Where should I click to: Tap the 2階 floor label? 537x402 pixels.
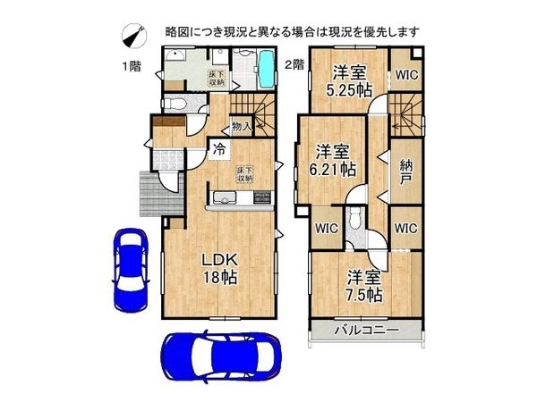[294, 65]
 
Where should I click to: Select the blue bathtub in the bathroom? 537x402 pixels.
[267, 67]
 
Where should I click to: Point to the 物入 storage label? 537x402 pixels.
[242, 127]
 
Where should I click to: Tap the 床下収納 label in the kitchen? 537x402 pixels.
[245, 173]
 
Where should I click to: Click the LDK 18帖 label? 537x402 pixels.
[217, 268]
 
